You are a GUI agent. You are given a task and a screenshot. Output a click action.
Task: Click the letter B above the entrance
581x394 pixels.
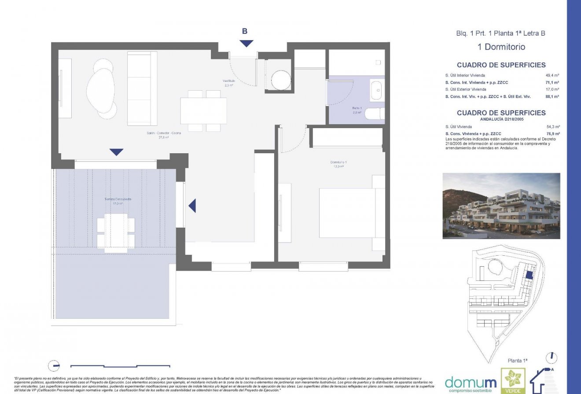coord(245,31)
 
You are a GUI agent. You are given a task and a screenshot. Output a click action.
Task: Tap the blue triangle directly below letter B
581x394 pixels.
coord(246,43)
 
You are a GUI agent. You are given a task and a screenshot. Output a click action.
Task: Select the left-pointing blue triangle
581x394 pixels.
coord(192,206)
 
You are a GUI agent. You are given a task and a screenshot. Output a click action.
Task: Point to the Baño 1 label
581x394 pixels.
coord(357,110)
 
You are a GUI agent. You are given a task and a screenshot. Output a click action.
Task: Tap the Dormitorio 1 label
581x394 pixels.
coord(338,164)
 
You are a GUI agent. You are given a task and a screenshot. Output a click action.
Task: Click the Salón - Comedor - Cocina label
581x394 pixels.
coord(164,135)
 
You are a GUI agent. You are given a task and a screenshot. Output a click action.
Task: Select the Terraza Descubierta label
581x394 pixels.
coord(118,201)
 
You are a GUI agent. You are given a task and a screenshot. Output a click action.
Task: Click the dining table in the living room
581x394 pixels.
coord(203,111)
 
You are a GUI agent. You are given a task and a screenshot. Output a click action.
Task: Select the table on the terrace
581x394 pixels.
coord(116,232)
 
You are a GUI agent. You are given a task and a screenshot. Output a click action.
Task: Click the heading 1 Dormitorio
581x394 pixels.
coord(501,47)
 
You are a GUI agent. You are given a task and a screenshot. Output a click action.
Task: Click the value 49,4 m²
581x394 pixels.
coord(552,75)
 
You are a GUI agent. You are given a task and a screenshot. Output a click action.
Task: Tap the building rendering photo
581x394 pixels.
coord(501,206)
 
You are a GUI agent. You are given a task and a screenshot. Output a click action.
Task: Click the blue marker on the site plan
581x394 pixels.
coord(530,275)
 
